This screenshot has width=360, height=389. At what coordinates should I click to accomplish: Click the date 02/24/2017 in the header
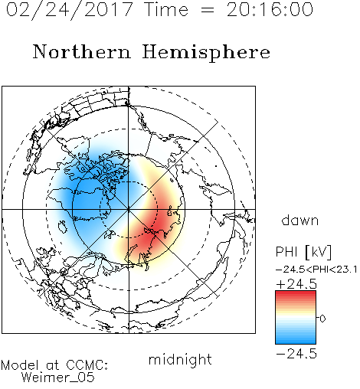click(70, 10)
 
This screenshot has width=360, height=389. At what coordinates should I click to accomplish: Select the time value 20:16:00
click(270, 10)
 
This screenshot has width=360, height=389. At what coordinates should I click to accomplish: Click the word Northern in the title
click(82, 51)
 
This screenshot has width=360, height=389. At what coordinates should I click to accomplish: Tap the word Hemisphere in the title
click(206, 53)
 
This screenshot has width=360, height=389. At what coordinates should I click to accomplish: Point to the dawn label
click(300, 220)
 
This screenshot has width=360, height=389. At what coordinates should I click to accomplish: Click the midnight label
click(180, 360)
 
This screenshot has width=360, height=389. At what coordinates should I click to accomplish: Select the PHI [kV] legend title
click(303, 252)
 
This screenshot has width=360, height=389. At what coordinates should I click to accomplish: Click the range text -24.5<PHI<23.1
click(316, 270)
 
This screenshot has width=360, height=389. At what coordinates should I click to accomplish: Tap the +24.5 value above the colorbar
click(296, 284)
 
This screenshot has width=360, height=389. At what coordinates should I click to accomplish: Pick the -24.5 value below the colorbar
click(296, 354)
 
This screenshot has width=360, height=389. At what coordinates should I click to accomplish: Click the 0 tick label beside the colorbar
click(322, 319)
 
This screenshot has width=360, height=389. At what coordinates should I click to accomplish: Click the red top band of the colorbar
click(296, 294)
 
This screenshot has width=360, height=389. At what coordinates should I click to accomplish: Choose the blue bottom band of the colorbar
click(296, 341)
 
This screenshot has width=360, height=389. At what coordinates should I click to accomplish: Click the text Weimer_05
click(58, 378)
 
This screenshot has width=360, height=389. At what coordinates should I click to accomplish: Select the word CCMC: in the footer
click(87, 365)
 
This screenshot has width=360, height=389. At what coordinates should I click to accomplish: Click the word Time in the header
click(166, 10)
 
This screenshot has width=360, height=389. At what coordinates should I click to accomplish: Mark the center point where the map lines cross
click(129, 209)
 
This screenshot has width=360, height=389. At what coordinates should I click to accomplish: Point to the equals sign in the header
click(208, 11)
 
